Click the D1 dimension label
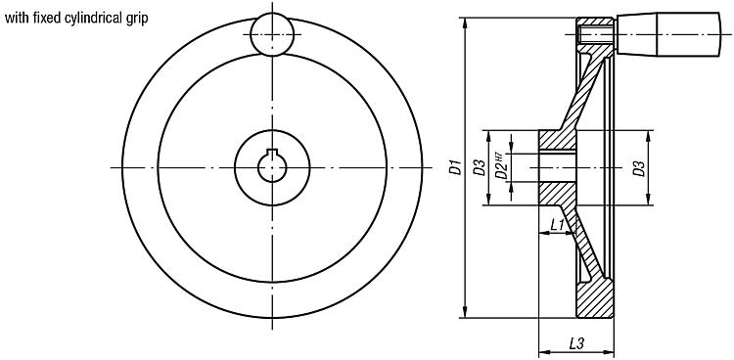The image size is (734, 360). tap(455, 167)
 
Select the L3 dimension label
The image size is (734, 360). tap(575, 344)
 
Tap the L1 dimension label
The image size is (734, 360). tap(557, 225)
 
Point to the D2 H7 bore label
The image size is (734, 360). tap(501, 166)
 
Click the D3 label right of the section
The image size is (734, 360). tap(638, 168)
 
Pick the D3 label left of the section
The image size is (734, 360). tap(479, 167)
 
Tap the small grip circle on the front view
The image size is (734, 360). tap(272, 34)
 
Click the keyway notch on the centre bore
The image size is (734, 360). tap(272, 152)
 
